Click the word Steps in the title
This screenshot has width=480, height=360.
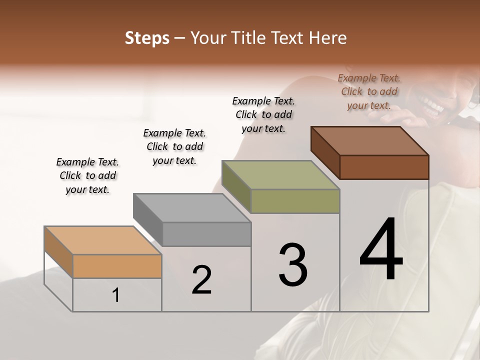coord(147,38)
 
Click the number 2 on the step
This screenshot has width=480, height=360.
coord(202,279)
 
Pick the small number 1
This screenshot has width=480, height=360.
coord(116,295)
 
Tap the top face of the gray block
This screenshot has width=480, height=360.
coord(192,208)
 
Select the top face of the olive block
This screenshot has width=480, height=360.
coord(280,175)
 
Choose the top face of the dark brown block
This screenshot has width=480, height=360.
coord(370,141)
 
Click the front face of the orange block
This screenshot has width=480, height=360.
coord(117,266)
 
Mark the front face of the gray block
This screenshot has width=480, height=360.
coord(206,234)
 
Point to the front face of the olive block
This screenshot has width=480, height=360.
coord(295,201)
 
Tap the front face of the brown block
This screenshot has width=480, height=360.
coord(384,167)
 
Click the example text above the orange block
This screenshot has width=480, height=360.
coord(87,175)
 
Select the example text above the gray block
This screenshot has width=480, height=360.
coord(174,146)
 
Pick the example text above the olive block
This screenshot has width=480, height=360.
coord(263,114)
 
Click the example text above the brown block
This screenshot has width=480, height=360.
coord(369,91)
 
